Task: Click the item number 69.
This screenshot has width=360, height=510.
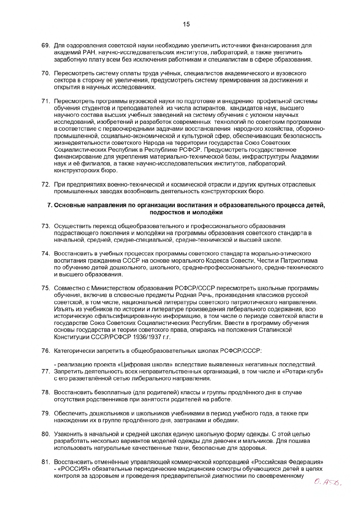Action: point(46,46)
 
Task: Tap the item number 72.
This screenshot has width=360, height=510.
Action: point(46,185)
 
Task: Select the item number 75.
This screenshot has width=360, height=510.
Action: point(46,288)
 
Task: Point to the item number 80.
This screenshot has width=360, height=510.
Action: point(46,434)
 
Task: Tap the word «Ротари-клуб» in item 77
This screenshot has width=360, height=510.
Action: point(306,372)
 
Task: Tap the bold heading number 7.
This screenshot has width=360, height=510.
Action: point(49,205)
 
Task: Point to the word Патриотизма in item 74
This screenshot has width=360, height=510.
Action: point(300,261)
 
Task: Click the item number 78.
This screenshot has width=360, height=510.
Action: point(46,392)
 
